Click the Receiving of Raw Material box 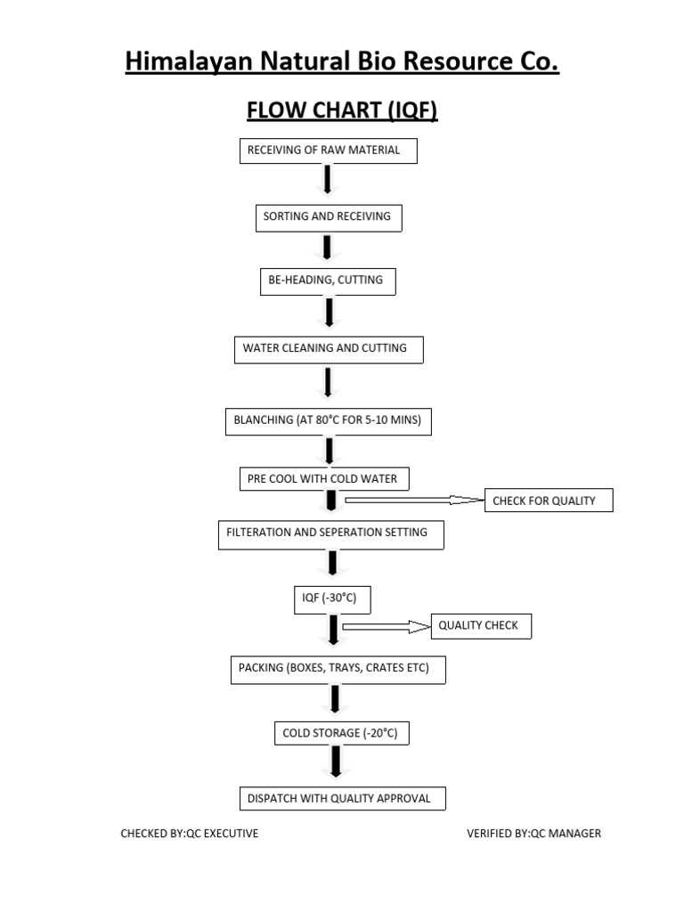pos(328,151)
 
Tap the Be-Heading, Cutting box pos(327,281)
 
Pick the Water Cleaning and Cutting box pos(328,349)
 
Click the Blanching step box pos(328,420)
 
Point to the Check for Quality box pos(548,501)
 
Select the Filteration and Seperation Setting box pos(330,533)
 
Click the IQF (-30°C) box pos(330,598)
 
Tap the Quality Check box pos(481,626)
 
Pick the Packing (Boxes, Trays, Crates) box pos(338,669)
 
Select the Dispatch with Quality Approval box pos(342,799)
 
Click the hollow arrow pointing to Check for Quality pos(412,501)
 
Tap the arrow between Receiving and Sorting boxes pos(328,179)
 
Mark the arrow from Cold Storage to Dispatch pos(336,761)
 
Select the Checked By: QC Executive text pos(190,834)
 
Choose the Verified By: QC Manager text pos(533,834)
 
